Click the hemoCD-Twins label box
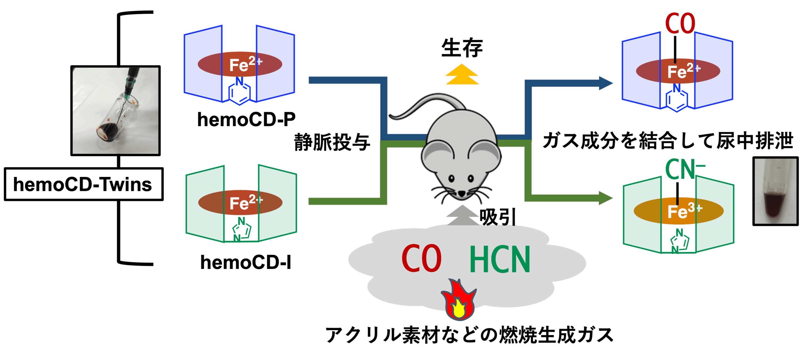(x=83, y=184)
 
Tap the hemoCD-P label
(x=246, y=120)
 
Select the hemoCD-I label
(x=246, y=262)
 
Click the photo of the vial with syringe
(x=116, y=111)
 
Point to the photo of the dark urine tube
(x=775, y=191)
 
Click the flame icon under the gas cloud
(x=459, y=299)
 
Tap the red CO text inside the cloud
(x=421, y=259)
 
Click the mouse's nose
(x=462, y=193)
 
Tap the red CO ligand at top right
(x=680, y=24)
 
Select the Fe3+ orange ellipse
(x=678, y=211)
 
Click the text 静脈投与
(x=332, y=142)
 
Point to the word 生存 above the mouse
(x=462, y=48)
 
